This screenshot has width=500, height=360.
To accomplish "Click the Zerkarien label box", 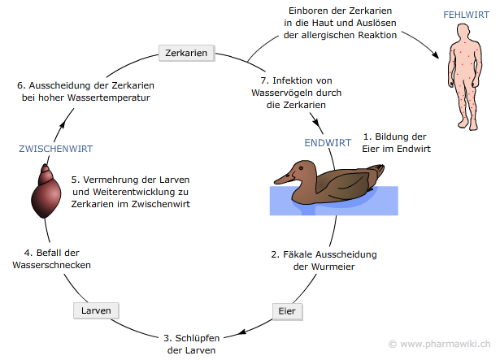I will pyautogui.click(x=186, y=54).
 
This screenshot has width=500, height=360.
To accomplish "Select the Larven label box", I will pyautogui.click(x=96, y=310).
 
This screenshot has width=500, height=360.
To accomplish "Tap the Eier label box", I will pyautogui.click(x=286, y=310).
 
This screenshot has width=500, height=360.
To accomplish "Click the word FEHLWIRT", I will pyautogui.click(x=466, y=15).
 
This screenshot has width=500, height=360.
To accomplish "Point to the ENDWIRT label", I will pyautogui.click(x=328, y=142).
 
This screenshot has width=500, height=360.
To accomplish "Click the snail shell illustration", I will pyautogui.click(x=47, y=192).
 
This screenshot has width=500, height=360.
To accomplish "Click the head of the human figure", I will pyautogui.click(x=466, y=33).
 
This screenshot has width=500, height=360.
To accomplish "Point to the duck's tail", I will pyautogui.click(x=376, y=169).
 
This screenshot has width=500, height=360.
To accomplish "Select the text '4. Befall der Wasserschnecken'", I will pyautogui.click(x=46, y=258).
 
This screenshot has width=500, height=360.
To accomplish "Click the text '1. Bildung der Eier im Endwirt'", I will pyautogui.click(x=396, y=143).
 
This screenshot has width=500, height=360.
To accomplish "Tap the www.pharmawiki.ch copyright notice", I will pyautogui.click(x=444, y=344).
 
